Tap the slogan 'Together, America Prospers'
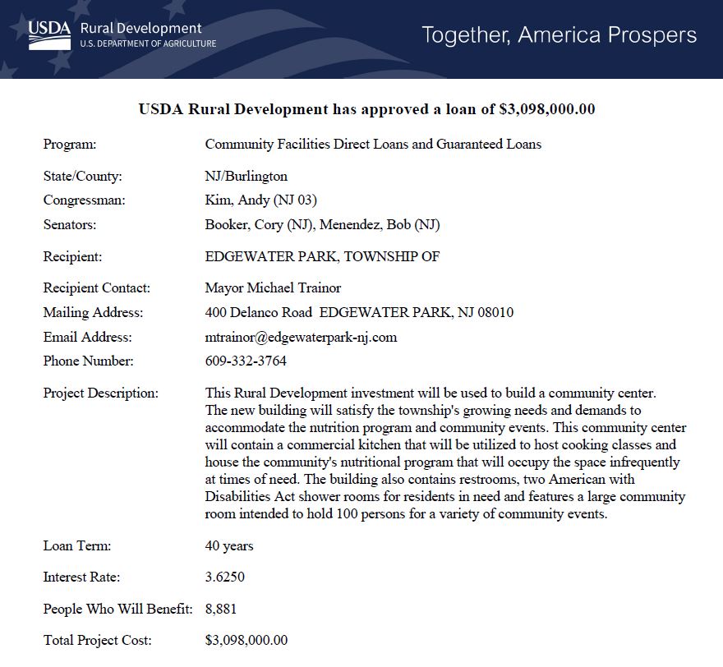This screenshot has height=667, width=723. tap(559, 35)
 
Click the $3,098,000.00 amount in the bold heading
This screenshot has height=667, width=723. tap(546, 109)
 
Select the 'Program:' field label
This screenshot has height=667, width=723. tap(70, 145)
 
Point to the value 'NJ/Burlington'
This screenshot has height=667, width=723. tap(246, 177)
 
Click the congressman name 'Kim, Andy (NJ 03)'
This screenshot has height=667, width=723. tap(260, 200)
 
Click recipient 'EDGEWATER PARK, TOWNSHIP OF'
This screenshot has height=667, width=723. tap(322, 257)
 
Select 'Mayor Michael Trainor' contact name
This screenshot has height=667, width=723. tap(273, 288)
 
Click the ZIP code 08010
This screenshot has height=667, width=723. tap(495, 313)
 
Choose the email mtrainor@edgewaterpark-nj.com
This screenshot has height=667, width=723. tap(301, 337)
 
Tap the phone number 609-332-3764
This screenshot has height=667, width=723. tap(246, 361)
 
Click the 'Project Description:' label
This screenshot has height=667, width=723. tap(101, 393)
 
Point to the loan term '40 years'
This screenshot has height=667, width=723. tap(229, 546)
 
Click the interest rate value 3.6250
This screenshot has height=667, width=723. tap(224, 577)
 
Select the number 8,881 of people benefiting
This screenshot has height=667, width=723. tap(221, 609)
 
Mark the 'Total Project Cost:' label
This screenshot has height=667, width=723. tap(97, 641)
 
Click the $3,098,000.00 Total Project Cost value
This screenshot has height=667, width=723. tap(246, 641)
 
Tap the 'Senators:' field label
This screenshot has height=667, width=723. tap(70, 225)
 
